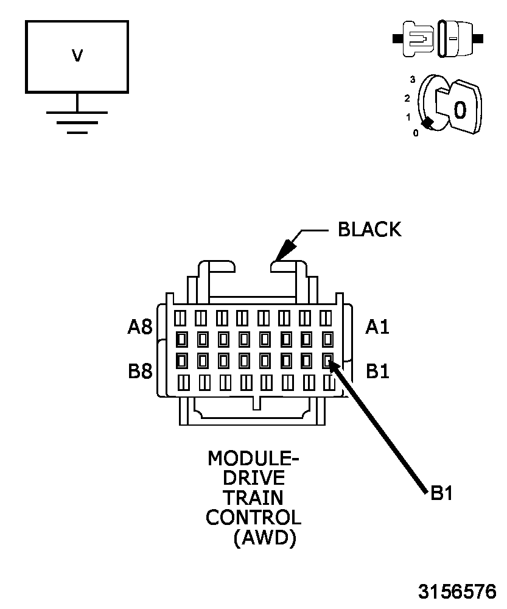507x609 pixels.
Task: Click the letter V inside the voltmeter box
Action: [x=77, y=56]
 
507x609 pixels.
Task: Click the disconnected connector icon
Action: [x=438, y=38]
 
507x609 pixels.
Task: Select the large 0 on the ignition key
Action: [x=460, y=110]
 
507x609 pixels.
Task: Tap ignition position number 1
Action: [x=408, y=116]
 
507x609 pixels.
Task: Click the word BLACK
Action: [x=369, y=230]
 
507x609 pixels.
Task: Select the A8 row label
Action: [x=139, y=327]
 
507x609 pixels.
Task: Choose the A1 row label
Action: [x=377, y=327]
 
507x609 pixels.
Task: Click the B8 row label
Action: [x=139, y=371]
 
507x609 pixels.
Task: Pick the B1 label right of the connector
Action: [x=377, y=371]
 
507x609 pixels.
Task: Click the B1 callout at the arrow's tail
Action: [x=441, y=493]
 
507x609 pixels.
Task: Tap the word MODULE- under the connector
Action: [x=253, y=457]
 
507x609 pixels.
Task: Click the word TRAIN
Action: [x=253, y=498]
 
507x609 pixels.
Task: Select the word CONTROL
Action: [x=253, y=518]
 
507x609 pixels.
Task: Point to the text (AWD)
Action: [x=265, y=538]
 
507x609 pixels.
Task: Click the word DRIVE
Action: [x=253, y=477]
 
